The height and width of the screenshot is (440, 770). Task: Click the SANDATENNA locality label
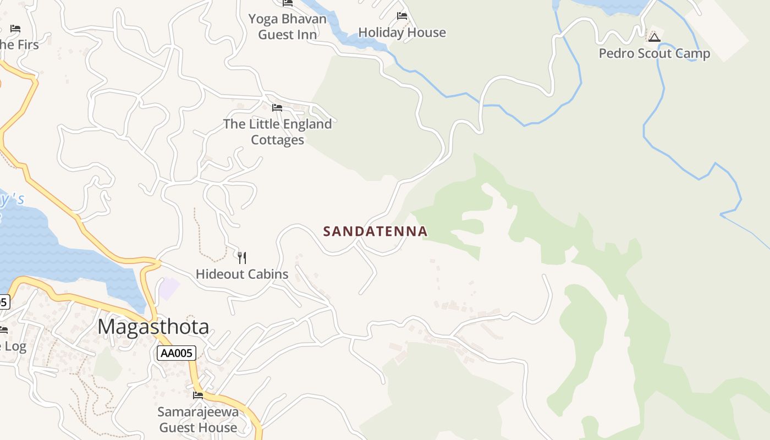375,231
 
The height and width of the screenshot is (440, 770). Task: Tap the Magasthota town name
153,327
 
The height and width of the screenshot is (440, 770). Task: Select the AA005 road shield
176,353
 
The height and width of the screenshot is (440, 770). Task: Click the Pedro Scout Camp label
654,53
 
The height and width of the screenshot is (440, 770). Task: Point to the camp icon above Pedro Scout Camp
654,37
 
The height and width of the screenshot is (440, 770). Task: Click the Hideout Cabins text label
242,274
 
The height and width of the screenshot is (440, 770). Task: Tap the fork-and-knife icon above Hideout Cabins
241,257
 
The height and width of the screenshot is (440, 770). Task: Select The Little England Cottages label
277,132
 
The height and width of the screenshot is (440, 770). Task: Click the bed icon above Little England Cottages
277,107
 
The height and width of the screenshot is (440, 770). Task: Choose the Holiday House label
402,32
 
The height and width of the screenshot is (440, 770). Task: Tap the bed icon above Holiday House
402,15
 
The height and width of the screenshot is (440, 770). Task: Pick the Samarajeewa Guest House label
198,419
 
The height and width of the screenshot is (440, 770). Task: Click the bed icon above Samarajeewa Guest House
198,395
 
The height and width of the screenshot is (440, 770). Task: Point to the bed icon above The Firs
15,28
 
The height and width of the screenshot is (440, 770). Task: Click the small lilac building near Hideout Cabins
169,288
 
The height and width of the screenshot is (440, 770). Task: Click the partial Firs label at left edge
19,45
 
